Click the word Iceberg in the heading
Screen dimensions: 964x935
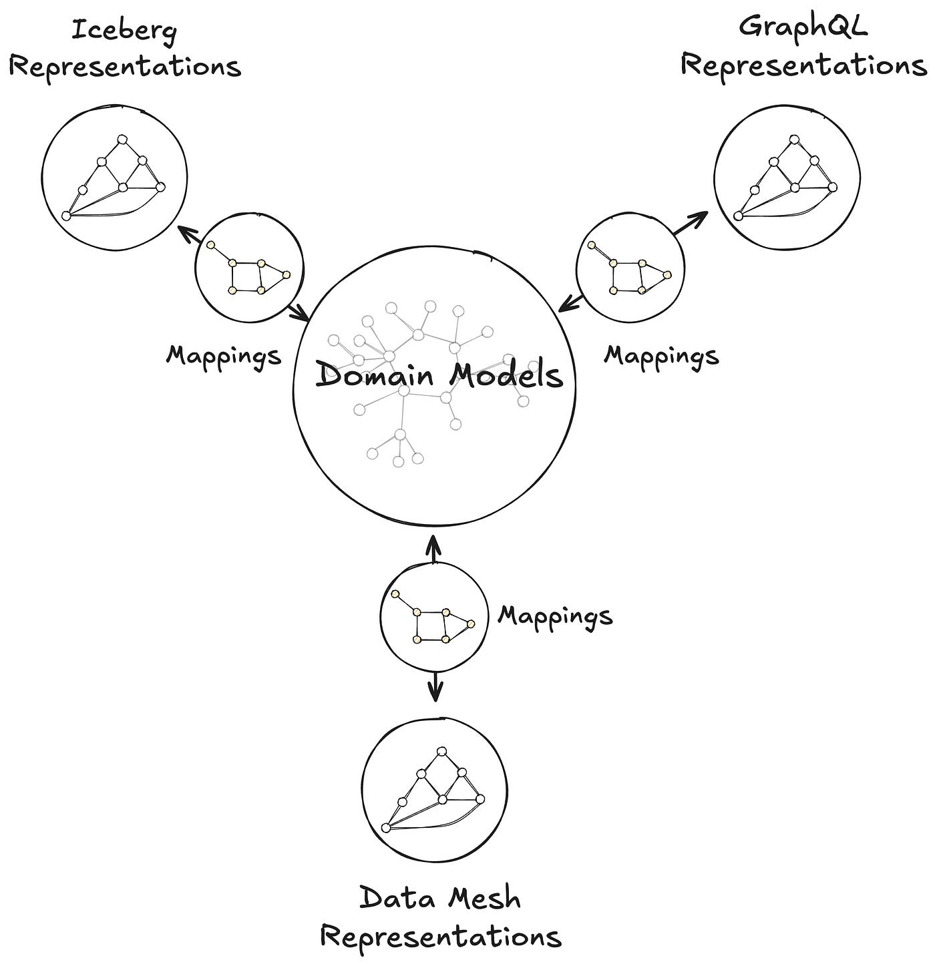coord(125,31)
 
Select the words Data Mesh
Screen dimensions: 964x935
coord(440,898)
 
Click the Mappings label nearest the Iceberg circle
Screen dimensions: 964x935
coord(224,355)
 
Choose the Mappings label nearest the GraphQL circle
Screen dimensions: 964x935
coord(661,355)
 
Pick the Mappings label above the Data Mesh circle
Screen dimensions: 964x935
coord(555,615)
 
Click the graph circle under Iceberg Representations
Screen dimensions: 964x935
coord(114,176)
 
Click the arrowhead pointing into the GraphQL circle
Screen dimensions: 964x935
coord(702,215)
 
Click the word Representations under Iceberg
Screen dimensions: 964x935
coord(125,67)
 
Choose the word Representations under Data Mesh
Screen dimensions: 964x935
coord(440,936)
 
